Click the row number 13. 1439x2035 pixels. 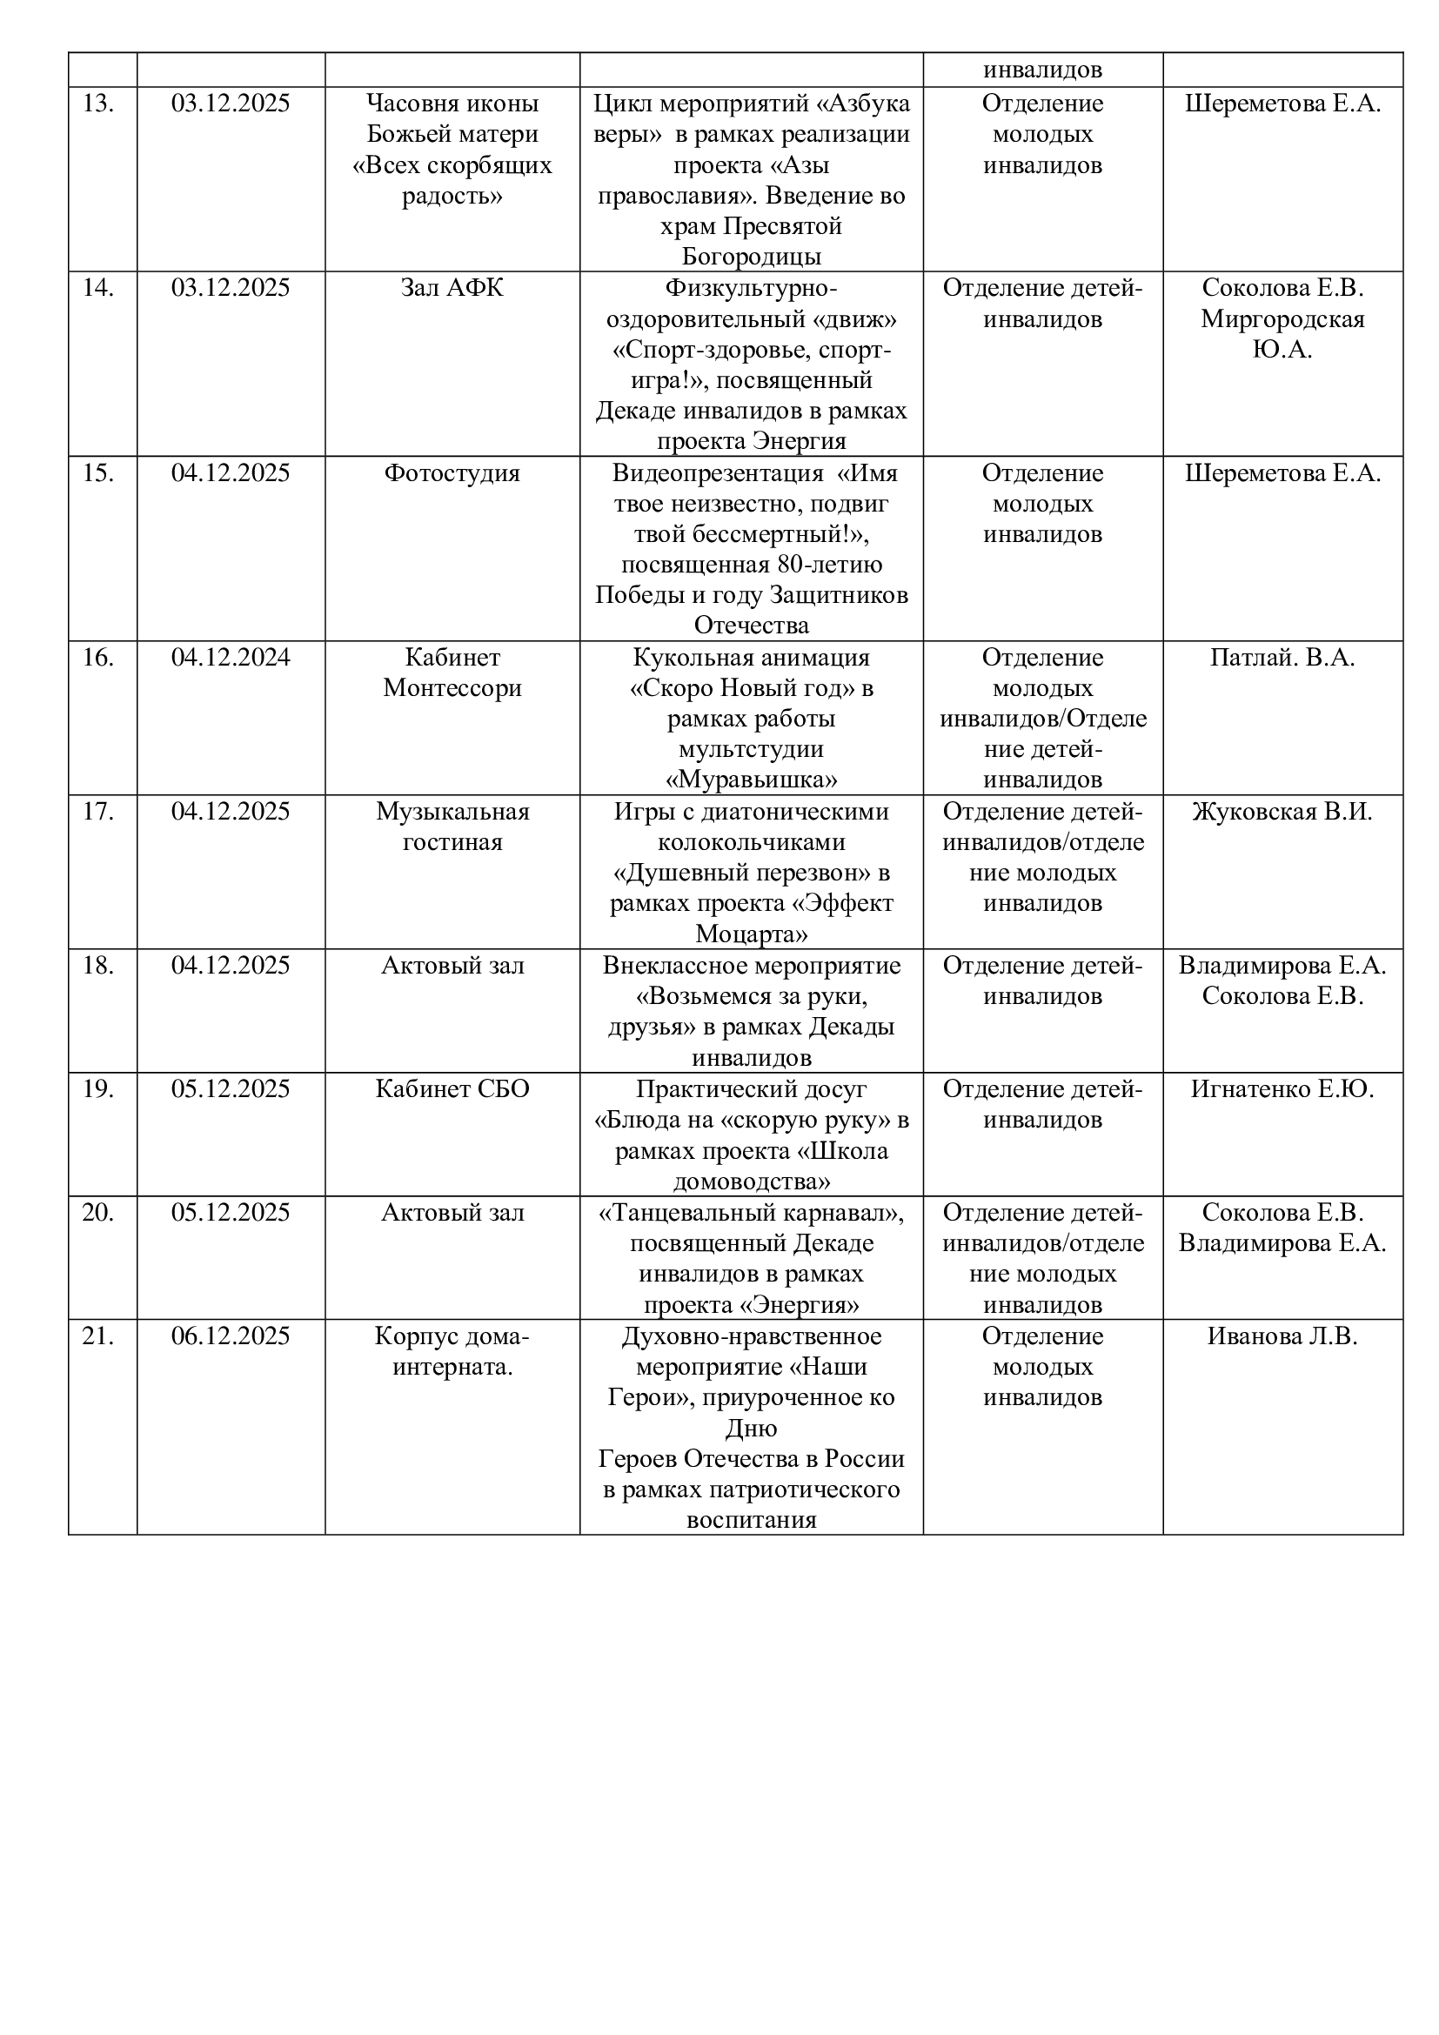98,104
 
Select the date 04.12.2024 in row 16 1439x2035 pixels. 231,658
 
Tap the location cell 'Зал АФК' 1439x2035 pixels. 452,288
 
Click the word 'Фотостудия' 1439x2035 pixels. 452,473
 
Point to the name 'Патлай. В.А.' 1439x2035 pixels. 1282,658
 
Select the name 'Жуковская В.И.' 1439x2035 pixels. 1282,812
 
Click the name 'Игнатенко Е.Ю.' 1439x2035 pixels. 1282,1089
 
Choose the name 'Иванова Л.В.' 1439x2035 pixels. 1282,1336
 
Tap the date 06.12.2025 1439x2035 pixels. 231,1336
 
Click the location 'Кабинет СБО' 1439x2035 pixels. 452,1089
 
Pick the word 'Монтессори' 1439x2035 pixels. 452,689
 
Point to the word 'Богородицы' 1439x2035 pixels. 752,257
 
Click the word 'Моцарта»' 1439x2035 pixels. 752,934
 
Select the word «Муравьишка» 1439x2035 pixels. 752,780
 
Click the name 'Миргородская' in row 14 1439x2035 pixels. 1282,319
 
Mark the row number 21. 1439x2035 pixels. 98,1336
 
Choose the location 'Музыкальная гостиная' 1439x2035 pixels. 452,827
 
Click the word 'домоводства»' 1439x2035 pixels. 752,1182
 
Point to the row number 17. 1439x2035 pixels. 98,812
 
